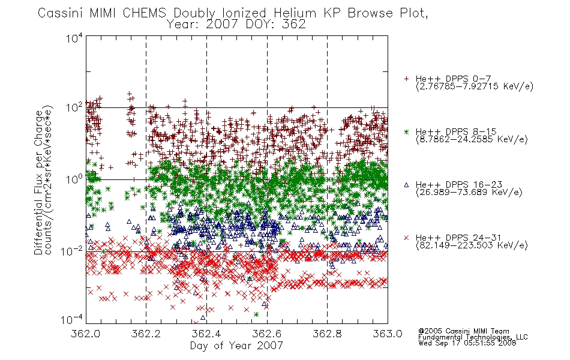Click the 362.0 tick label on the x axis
(x=86, y=334)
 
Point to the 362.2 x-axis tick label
(x=146, y=334)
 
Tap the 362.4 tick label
(x=206, y=334)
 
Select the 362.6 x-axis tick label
(x=267, y=334)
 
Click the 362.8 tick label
(x=327, y=334)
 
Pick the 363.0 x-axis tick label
(x=388, y=334)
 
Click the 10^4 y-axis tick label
(x=74, y=38)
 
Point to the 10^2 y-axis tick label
(x=74, y=108)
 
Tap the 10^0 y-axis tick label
(x=74, y=179)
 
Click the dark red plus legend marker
(x=406, y=79)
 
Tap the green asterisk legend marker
(x=406, y=131)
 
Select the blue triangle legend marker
(x=406, y=185)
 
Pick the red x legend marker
(x=406, y=238)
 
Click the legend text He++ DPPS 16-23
(x=459, y=185)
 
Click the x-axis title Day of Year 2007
(x=236, y=346)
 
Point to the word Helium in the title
(x=295, y=13)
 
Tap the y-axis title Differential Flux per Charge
(x=38, y=183)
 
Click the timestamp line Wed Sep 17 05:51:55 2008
(x=467, y=343)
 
